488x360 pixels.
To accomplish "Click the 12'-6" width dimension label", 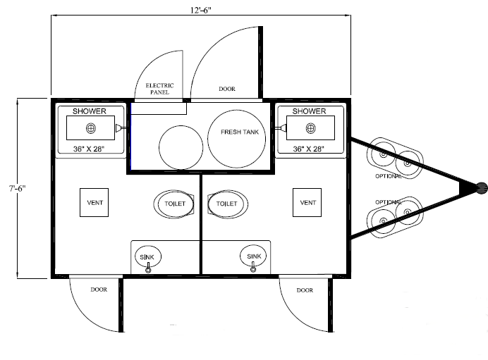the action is click(201, 11).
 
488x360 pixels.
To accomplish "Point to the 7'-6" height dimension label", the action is click(17, 188).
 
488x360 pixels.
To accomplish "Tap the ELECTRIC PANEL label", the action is click(159, 89).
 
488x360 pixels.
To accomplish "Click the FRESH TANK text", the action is click(240, 132).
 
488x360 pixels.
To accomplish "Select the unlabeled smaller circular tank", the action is click(181, 147).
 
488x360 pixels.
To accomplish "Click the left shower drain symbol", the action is click(91, 128).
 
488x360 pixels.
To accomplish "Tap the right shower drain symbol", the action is click(310, 128).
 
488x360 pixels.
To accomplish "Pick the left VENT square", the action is click(94, 202).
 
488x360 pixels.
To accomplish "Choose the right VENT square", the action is click(307, 202).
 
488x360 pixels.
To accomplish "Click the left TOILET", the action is click(174, 204).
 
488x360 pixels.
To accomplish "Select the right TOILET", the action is click(228, 204).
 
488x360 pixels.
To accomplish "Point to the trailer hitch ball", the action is click(482, 188).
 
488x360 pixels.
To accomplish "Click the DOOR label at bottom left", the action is click(99, 290).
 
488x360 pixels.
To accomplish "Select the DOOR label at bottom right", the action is click(305, 290).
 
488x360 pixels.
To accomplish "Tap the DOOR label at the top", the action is click(227, 89).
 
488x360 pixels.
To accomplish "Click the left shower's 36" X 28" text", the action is click(89, 149).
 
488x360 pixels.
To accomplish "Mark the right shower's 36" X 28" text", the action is click(308, 149).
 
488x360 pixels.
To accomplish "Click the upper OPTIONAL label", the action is click(389, 176).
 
